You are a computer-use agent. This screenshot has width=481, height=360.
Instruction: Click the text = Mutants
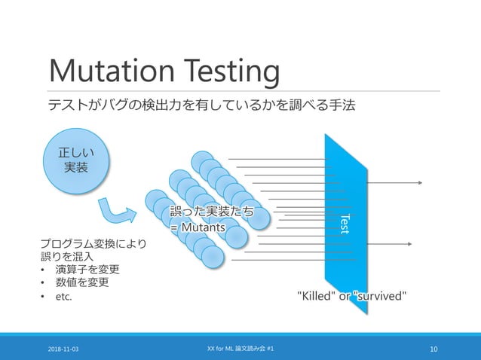198,227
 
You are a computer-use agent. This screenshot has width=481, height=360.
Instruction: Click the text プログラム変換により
93,243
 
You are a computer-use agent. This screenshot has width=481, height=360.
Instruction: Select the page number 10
434,349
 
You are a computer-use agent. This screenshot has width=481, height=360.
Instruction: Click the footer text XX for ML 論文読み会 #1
240,349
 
